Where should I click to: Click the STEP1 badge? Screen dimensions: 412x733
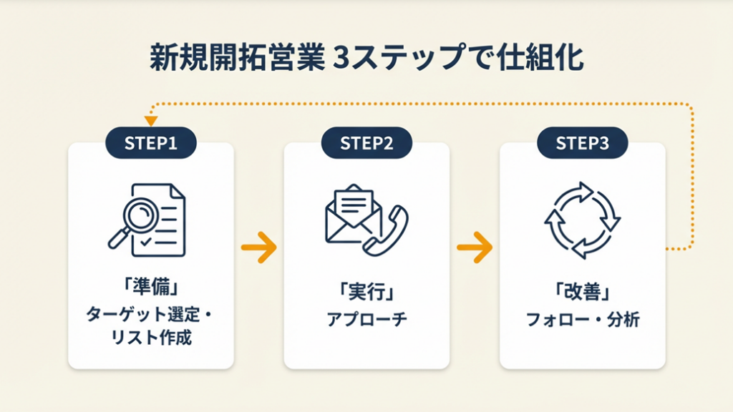pos(150,143)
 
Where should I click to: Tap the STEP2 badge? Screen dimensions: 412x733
pos(366,143)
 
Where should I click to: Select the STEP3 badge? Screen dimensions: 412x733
pos(582,143)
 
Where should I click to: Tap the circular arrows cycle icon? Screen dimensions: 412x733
pos(582,220)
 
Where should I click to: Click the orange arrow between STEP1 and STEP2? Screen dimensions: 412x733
pos(258,247)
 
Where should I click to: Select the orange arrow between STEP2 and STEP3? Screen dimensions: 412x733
pos(474,247)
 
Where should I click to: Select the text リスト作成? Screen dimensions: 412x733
pos(150,338)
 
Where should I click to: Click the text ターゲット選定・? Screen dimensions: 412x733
pos(150,314)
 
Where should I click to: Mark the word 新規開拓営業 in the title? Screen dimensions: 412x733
pos(236,59)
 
